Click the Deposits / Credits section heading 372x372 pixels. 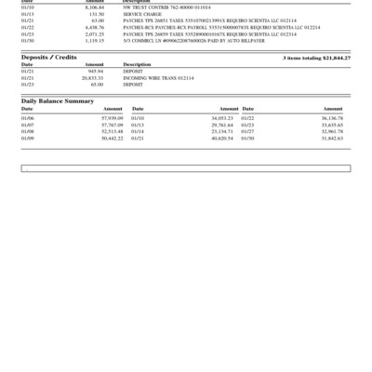coord(48,58)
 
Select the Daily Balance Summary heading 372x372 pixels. coord(58,100)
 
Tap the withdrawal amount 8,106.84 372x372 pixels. coord(94,7)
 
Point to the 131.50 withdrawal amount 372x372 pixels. coord(96,15)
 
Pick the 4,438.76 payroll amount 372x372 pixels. coord(94,28)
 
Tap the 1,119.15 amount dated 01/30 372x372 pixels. coord(94,41)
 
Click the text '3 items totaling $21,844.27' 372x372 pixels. coord(316,58)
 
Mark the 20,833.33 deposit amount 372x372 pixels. coord(93,77)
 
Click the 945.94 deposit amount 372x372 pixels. coord(95,71)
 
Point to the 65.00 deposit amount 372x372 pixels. coord(97,84)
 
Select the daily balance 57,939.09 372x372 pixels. coord(112,118)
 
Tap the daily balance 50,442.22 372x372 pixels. coord(112,138)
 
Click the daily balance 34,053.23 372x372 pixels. coord(221,118)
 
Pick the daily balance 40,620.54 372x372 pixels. coord(221,138)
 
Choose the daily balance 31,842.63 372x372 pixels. coord(332,138)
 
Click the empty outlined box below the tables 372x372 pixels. coord(186,168)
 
